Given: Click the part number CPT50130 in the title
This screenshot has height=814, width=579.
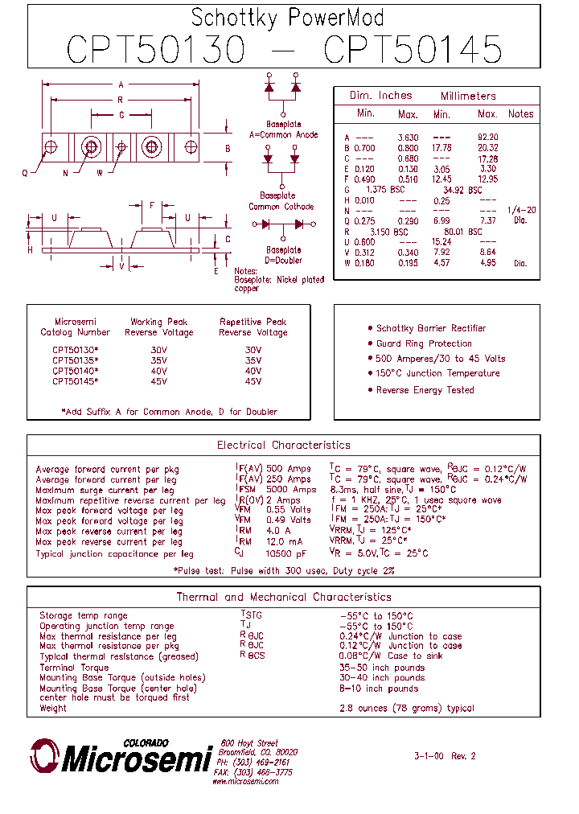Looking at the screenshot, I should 155,49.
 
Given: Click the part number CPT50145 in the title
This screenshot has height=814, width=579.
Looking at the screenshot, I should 413,49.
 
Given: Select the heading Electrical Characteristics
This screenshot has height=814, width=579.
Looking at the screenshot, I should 283,445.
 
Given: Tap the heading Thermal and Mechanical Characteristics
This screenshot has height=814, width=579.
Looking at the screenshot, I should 284,597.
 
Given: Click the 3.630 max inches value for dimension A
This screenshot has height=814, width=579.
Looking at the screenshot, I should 408,138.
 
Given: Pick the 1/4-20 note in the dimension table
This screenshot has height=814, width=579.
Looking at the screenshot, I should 521,210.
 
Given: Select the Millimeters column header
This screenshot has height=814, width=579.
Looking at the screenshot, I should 468,96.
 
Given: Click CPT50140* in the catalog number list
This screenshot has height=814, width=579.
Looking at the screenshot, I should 76,371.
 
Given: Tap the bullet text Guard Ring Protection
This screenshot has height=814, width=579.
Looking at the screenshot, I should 424,343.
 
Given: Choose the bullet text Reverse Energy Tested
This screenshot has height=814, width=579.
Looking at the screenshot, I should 425,390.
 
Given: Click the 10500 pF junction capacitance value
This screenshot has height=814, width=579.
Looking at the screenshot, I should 286,553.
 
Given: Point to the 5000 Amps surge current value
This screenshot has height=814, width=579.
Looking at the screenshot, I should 291,490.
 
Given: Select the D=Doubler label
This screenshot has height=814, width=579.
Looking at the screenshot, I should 282,260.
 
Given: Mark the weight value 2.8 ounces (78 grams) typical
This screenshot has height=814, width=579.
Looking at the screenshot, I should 407,709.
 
